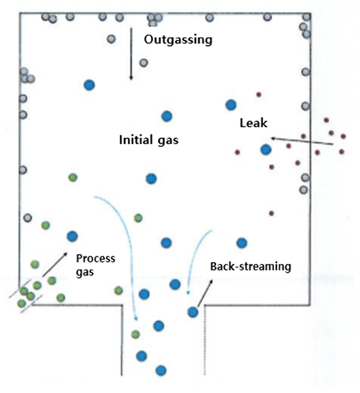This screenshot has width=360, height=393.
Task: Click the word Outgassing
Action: pos(178,40)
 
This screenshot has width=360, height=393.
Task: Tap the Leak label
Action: pos(254,123)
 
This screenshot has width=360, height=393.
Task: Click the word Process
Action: pos(95,258)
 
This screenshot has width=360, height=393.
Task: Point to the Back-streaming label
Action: pos(251,266)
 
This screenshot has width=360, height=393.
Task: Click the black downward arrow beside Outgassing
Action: pos(131,54)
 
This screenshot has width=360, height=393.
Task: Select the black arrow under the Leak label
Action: pos(302,141)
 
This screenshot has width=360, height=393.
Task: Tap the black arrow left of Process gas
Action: pos(55,264)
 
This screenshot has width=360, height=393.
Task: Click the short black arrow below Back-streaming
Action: pos(205,293)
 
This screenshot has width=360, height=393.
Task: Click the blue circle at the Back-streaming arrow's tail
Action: pos(193,312)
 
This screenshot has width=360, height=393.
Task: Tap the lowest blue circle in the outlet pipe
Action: pos(161,370)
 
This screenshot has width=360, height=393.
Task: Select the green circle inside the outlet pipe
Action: pos(135,335)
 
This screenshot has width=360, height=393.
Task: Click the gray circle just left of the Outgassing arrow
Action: pos(111,39)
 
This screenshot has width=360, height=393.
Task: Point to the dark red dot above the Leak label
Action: pos(259,95)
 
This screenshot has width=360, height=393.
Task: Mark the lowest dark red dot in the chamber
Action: pos(271,213)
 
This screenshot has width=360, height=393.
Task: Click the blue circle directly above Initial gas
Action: pos(167,116)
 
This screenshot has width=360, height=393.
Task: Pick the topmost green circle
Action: pos(72,177)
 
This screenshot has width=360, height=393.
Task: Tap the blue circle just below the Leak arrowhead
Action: pos(266,150)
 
